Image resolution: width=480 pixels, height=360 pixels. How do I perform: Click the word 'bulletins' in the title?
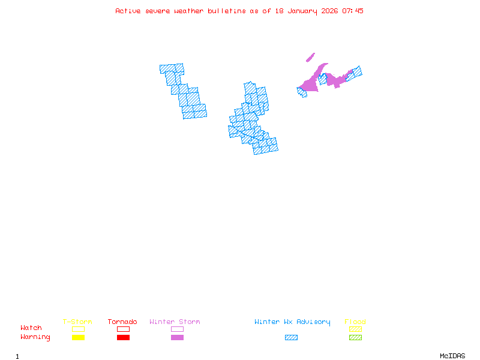227,11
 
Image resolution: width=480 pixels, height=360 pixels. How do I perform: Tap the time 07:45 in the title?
353,11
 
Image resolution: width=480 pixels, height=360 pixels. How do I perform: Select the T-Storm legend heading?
77,322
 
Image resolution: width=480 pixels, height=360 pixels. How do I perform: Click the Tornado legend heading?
122,322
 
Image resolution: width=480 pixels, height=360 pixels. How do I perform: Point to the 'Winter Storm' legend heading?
175,322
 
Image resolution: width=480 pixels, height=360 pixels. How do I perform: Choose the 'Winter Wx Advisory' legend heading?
292,322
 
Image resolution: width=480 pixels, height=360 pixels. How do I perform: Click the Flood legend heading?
355,322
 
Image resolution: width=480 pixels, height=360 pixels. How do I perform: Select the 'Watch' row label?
31,328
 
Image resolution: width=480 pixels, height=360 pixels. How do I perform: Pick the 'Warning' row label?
35,337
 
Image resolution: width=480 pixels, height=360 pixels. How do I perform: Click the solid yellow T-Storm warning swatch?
78,338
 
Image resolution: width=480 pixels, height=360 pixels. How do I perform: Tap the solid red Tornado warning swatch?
123,338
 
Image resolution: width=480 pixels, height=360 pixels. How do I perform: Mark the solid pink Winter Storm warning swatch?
177,338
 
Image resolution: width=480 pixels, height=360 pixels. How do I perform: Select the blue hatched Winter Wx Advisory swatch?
291,338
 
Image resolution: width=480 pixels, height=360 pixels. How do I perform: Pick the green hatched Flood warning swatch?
355,338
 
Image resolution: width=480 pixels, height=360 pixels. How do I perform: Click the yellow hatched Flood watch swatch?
355,329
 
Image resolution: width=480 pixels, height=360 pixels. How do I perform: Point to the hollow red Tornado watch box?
123,329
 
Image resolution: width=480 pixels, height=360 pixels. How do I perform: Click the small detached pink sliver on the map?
310,58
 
